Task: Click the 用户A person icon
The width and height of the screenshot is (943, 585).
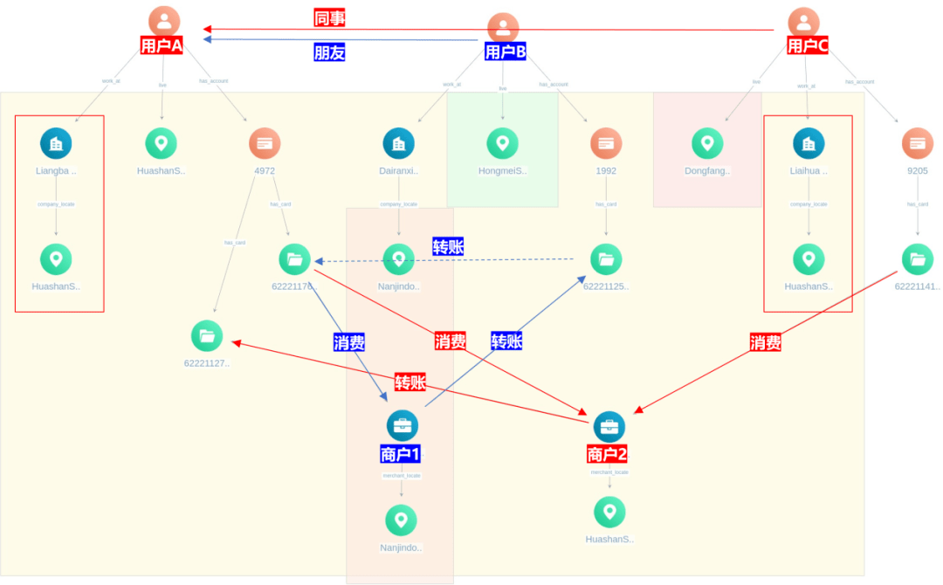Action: (164, 22)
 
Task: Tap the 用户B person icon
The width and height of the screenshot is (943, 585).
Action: (503, 28)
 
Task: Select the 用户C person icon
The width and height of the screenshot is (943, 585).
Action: (803, 23)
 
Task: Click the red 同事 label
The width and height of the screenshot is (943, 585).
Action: (329, 18)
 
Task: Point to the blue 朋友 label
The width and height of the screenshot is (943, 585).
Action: (329, 52)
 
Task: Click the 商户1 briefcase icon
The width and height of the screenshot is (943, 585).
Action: (402, 425)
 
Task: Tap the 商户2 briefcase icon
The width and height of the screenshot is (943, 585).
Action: (609, 427)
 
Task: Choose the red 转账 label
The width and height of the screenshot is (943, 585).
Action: (410, 382)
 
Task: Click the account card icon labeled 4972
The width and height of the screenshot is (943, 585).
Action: (265, 143)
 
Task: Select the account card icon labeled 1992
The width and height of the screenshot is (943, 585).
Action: (606, 143)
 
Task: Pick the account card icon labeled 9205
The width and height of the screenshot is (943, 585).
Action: (917, 143)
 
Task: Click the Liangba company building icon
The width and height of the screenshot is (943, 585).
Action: (56, 143)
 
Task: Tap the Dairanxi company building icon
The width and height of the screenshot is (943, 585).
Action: (399, 143)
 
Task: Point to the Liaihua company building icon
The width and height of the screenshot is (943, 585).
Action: (809, 143)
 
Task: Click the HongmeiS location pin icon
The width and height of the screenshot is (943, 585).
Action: (502, 143)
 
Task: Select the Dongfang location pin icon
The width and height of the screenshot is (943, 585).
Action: (707, 143)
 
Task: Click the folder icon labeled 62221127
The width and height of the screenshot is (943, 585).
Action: (207, 336)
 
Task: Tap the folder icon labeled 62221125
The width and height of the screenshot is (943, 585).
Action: (606, 258)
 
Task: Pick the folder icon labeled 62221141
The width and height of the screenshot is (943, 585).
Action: (917, 258)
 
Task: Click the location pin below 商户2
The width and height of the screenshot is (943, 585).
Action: (609, 512)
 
